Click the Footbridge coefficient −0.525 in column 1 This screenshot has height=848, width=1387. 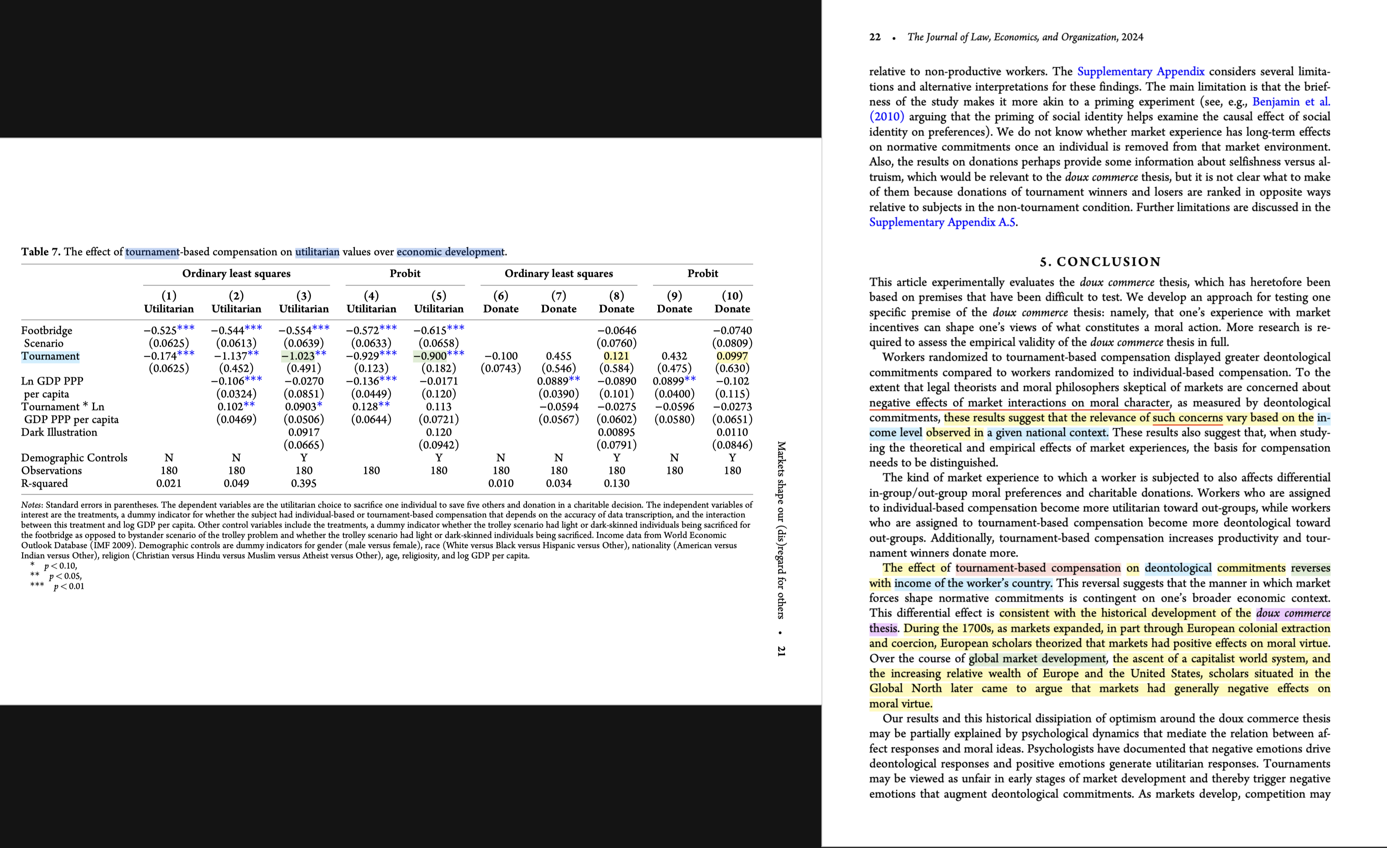(x=161, y=330)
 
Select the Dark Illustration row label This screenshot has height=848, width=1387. (x=59, y=432)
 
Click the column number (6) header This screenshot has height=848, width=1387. (x=501, y=295)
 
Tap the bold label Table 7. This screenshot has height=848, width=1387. (x=40, y=252)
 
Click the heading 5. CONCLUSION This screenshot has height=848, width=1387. (x=1100, y=262)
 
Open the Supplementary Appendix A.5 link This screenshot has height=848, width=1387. (x=942, y=222)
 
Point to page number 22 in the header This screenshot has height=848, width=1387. (x=875, y=37)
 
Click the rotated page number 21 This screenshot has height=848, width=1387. (x=781, y=651)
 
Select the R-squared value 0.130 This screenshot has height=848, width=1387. (x=616, y=483)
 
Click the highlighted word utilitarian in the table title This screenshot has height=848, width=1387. (x=317, y=252)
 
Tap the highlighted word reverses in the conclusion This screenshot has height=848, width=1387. (x=1310, y=568)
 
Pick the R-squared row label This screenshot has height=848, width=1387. (x=44, y=483)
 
